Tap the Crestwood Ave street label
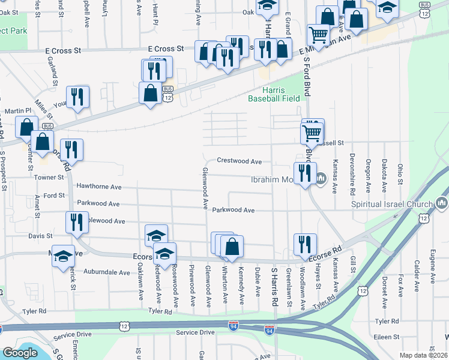pyautogui.click(x=239, y=161)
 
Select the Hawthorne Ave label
pyautogui.click(x=98, y=187)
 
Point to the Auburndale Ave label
pyautogui.click(x=107, y=272)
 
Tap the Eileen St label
pyautogui.click(x=387, y=337)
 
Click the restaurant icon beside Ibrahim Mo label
pyautogui.click(x=305, y=173)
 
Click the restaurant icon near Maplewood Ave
pyautogui.click(x=77, y=221)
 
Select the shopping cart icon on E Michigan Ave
pyautogui.click(x=318, y=34)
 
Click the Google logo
pyautogui.click(x=20, y=353)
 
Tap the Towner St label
pyautogui.click(x=52, y=178)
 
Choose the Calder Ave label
pyautogui.click(x=417, y=272)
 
